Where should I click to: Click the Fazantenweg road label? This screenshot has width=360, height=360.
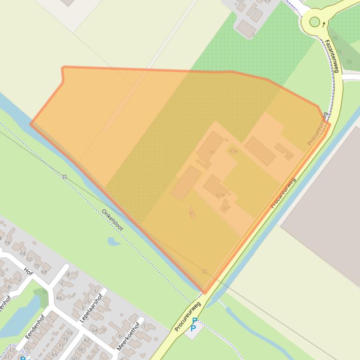coord(331,56)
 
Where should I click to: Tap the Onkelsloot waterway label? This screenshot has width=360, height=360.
coord(112,220)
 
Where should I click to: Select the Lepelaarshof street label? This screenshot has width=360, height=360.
coord(91,308)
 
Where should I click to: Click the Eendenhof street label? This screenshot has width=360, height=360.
coord(35,326)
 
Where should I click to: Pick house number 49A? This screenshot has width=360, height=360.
coord(233,151)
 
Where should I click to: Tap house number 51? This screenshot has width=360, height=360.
coord(288,156)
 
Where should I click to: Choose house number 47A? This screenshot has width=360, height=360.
coord(220,195)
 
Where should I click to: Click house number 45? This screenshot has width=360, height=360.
coord(192,214)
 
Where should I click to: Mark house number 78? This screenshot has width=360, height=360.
coord(7,243)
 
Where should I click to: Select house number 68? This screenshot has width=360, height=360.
coord(44,271)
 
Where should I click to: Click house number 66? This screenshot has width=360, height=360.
coord(59,298)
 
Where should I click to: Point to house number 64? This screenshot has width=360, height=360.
coord(95,331)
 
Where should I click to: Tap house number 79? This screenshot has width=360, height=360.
coord(70,333)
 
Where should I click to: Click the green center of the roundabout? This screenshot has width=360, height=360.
coord(315,22)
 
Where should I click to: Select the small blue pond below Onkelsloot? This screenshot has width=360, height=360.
coord(113,241)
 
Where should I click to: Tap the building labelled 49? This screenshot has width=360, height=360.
coord(210,146)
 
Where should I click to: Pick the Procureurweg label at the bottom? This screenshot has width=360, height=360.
coord(187,317)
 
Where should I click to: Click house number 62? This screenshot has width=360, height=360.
coord(86,340)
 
